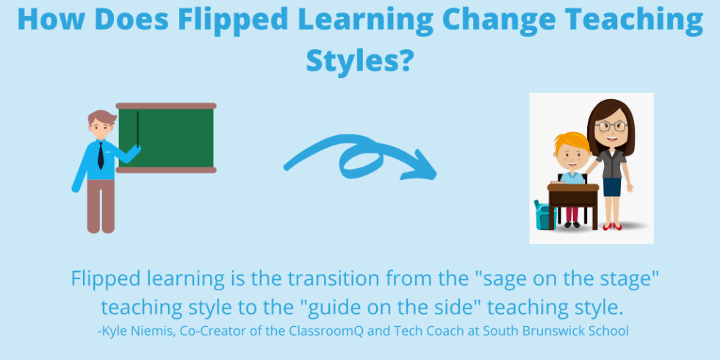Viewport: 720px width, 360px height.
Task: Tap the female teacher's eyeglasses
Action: tap(609, 126)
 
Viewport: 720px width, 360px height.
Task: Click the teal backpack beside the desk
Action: tap(543, 215)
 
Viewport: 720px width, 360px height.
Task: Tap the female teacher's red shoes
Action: tap(613, 226)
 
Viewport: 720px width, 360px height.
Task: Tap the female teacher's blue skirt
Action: tap(612, 187)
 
